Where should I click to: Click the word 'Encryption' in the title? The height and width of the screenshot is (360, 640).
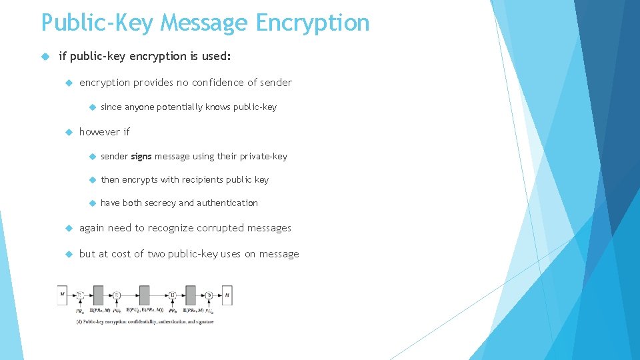tap(312, 23)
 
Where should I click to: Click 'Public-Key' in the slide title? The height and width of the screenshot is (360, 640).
tap(98, 23)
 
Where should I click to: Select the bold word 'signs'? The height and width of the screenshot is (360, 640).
tap(141, 157)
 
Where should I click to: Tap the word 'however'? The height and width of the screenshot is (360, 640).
tap(98, 132)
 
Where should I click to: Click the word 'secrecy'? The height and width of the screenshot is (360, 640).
tap(158, 203)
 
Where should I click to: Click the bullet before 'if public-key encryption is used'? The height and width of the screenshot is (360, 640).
tap(45, 57)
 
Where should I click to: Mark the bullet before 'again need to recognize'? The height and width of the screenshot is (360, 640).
tap(68, 228)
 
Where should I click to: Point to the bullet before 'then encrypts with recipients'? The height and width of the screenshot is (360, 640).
tap(91, 180)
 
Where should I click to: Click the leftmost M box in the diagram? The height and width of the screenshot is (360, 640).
tap(62, 294)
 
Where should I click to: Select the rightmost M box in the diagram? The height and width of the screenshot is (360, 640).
tap(227, 294)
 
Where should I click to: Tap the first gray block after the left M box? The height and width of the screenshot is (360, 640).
tap(98, 295)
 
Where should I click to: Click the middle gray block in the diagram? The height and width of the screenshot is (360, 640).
tap(144, 295)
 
